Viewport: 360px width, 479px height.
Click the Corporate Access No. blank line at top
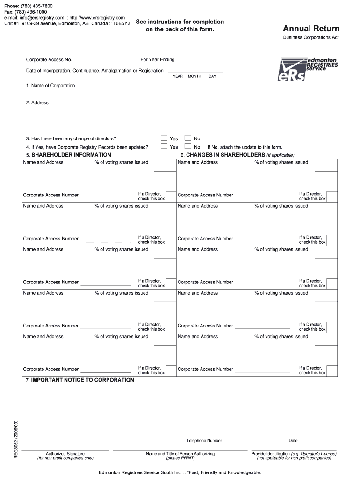pos(100,61)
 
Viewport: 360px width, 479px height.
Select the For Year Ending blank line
pos(189,61)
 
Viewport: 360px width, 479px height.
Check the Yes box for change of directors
pos(164,138)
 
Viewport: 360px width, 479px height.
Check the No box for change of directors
pos(188,138)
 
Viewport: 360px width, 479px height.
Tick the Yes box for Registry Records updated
pos(164,146)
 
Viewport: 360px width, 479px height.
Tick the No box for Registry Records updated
pos(188,146)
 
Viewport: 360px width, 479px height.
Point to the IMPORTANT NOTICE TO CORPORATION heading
pos(82,380)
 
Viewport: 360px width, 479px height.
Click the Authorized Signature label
pos(65,454)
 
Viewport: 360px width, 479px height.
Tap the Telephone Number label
pos(204,441)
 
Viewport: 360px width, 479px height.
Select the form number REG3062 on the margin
pos(16,440)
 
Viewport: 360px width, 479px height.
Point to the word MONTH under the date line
pos(194,76)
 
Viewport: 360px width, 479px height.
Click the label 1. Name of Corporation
pos(50,86)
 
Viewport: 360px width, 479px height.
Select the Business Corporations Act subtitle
pos(310,37)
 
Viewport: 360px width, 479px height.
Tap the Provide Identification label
pos(294,454)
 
